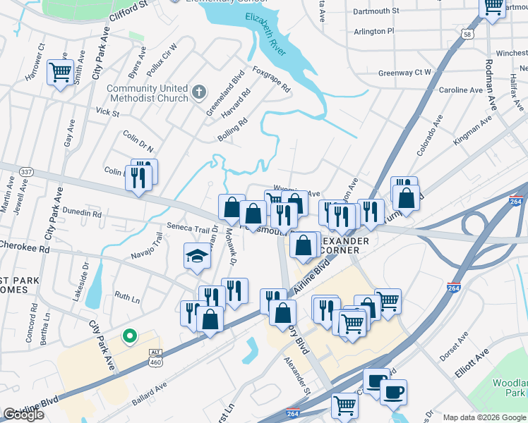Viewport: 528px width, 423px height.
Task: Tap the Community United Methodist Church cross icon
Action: [x=199, y=91]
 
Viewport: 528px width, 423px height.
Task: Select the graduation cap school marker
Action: [x=197, y=256]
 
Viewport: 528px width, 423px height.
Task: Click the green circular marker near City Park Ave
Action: [x=129, y=336]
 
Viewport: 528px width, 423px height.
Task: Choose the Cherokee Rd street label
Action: [x=25, y=249]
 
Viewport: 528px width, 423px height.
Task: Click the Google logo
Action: [x=23, y=415]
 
